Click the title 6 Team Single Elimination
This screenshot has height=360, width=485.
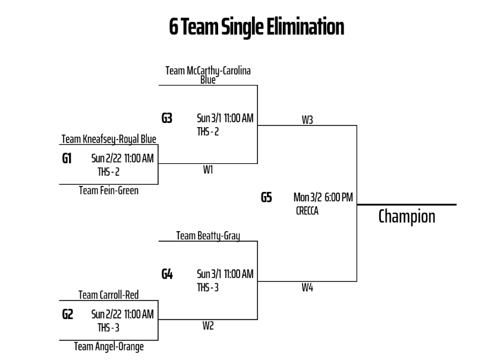tap(257, 27)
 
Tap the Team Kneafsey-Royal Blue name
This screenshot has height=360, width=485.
tap(109, 140)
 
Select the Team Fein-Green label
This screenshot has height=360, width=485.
tap(109, 191)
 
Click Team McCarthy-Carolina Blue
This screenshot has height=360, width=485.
tap(208, 75)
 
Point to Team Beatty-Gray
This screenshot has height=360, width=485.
tap(208, 236)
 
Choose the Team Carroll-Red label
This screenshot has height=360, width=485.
tap(109, 295)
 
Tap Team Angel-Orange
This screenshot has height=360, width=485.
tap(109, 346)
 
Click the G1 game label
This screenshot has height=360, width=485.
tap(67, 159)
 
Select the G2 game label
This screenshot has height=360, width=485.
tap(68, 314)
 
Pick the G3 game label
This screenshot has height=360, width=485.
tap(167, 118)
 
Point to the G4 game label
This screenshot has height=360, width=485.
tap(168, 274)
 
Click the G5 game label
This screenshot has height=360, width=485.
tap(266, 197)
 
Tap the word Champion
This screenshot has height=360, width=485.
tap(407, 216)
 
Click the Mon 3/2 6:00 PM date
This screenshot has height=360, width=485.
tap(324, 197)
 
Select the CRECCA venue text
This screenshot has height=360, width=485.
tap(307, 210)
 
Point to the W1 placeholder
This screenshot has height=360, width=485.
tap(208, 170)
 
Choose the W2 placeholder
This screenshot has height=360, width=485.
tap(208, 326)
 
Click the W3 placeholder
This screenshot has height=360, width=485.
tap(307, 120)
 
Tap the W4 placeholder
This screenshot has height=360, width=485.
tap(307, 288)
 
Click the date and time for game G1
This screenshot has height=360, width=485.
tap(122, 159)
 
